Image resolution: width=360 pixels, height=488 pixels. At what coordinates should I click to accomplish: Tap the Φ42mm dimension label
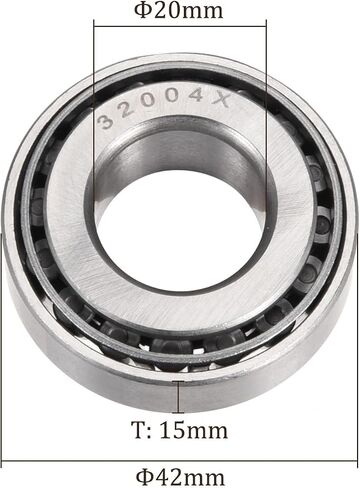click(x=180, y=477)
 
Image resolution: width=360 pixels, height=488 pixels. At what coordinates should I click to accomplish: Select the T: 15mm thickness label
click(x=179, y=430)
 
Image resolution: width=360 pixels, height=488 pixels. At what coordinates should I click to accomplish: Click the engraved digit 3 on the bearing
click(x=106, y=121)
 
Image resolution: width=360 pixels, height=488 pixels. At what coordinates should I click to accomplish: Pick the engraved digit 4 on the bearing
click(x=197, y=96)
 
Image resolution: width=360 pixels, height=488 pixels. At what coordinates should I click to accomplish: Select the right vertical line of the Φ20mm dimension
click(x=266, y=123)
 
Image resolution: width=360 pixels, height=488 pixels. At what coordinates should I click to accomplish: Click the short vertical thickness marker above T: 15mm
click(x=179, y=397)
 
